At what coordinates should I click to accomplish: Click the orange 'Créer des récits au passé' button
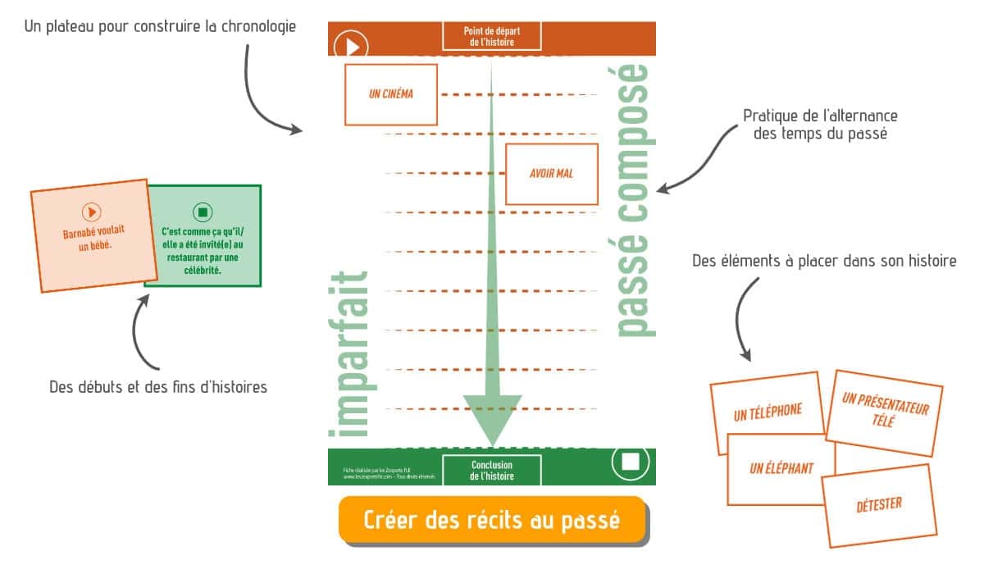492,520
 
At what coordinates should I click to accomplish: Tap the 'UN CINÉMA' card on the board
391,94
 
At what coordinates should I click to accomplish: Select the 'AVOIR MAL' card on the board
551,174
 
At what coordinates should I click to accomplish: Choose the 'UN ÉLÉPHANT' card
781,468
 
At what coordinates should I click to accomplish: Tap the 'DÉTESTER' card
878,504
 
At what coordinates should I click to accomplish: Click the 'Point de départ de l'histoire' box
492,36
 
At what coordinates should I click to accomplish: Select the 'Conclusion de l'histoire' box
492,470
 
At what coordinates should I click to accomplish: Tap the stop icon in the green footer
630,462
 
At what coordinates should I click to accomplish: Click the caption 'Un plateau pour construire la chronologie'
160,26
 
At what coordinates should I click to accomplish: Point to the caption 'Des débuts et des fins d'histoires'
158,387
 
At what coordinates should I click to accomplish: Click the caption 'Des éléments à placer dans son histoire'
823,262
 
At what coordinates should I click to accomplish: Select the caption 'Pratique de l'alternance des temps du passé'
820,125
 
